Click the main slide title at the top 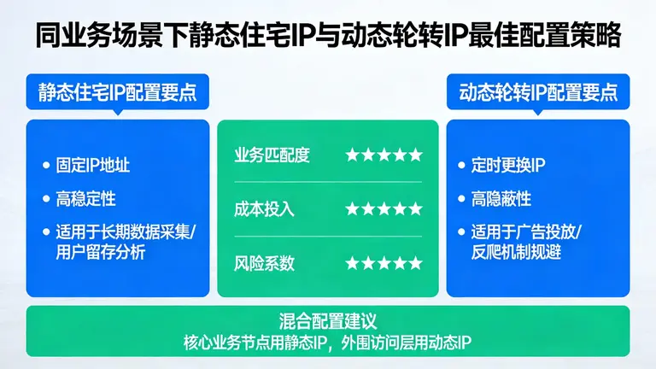328,36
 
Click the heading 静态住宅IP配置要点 117,91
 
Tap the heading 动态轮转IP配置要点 538,91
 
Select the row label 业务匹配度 272,155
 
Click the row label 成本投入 264,208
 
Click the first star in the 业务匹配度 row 352,155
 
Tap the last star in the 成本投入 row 415,208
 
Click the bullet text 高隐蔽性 501,198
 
